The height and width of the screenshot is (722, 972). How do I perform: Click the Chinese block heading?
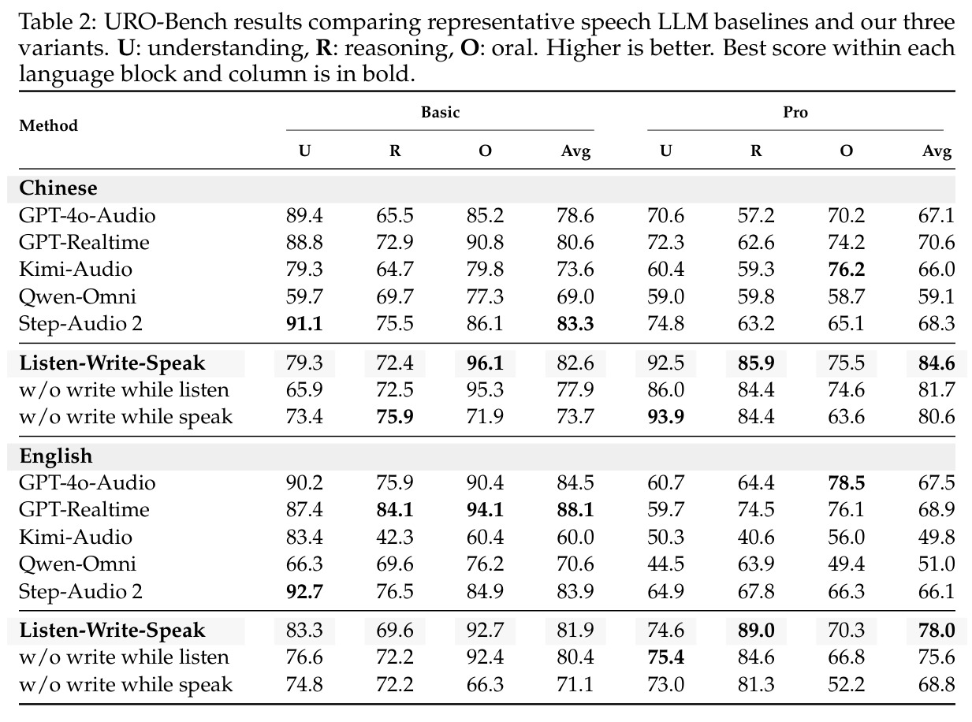58,188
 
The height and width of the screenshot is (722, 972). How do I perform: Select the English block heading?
56,456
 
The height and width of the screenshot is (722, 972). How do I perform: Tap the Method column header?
48,126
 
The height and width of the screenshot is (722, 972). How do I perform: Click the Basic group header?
440,112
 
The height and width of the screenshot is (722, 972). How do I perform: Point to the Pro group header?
795,112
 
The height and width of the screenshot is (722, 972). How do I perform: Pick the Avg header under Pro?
937,151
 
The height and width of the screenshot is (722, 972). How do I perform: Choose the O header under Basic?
485,151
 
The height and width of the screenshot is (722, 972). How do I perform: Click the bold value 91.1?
304,323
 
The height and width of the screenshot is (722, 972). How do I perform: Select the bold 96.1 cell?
485,363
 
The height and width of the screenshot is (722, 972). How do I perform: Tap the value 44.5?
665,564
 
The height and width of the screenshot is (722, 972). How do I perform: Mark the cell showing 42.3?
394,537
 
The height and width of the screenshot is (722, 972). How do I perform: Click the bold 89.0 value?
756,631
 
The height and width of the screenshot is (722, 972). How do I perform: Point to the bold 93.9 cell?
665,416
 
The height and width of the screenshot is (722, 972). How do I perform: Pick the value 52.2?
846,684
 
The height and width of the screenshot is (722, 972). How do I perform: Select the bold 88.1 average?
575,510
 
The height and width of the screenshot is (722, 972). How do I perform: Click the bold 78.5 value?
846,483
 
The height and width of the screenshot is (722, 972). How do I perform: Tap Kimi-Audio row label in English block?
76,537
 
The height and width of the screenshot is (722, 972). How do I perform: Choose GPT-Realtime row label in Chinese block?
84,243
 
